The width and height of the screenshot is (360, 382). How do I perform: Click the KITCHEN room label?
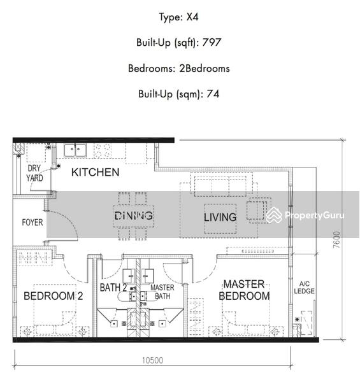(x=96, y=173)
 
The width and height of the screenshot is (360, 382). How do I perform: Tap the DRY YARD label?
(x=34, y=173)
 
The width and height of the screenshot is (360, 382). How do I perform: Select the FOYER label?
(x=32, y=222)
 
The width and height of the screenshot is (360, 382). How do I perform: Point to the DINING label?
(x=134, y=216)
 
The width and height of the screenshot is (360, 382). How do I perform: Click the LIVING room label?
(x=220, y=217)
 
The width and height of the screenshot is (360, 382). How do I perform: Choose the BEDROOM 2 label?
(x=53, y=296)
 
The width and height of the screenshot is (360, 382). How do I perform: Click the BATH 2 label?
(x=113, y=288)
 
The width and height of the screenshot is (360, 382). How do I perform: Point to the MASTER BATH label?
(x=162, y=292)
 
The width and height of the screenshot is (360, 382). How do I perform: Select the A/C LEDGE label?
(x=304, y=288)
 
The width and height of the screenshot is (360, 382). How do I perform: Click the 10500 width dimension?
(x=152, y=360)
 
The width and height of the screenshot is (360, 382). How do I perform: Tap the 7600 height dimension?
(x=336, y=240)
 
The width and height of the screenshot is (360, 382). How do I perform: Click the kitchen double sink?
(x=75, y=150)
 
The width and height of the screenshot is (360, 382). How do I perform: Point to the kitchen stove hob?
(x=103, y=150)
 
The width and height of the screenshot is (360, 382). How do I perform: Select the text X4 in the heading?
(x=192, y=17)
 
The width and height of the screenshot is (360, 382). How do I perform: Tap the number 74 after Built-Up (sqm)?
(x=213, y=94)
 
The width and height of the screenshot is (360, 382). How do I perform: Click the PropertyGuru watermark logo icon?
(x=274, y=215)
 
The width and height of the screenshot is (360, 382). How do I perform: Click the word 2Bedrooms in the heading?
(x=205, y=69)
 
